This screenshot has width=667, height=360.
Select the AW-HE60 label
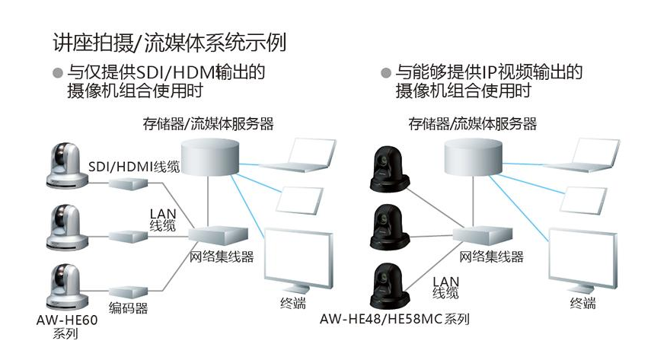tap(66, 320)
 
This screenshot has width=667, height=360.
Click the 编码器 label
tap(128, 308)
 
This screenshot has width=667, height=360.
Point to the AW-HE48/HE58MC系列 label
tap(394, 318)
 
